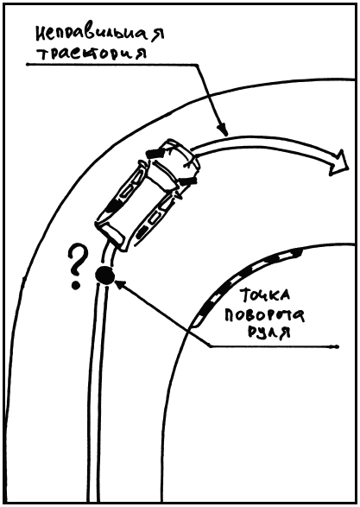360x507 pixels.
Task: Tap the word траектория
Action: click(92, 54)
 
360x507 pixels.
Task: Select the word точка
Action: click(265, 295)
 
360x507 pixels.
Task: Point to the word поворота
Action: click(264, 314)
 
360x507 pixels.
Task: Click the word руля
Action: click(268, 332)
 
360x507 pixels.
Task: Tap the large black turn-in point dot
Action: click(104, 276)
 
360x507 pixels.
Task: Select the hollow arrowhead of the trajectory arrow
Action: click(339, 162)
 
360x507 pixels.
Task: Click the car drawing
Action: click(147, 195)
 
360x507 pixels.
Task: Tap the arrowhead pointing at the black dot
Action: click(120, 285)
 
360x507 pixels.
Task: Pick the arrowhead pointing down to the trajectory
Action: click(223, 130)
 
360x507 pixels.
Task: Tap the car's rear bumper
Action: click(110, 234)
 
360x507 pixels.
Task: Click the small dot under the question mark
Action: click(76, 286)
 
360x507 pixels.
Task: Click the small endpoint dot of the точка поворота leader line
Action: click(337, 347)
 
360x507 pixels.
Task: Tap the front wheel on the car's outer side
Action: click(155, 152)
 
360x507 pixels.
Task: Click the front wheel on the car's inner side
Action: click(189, 181)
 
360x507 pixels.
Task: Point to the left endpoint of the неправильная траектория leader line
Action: click(28, 65)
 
